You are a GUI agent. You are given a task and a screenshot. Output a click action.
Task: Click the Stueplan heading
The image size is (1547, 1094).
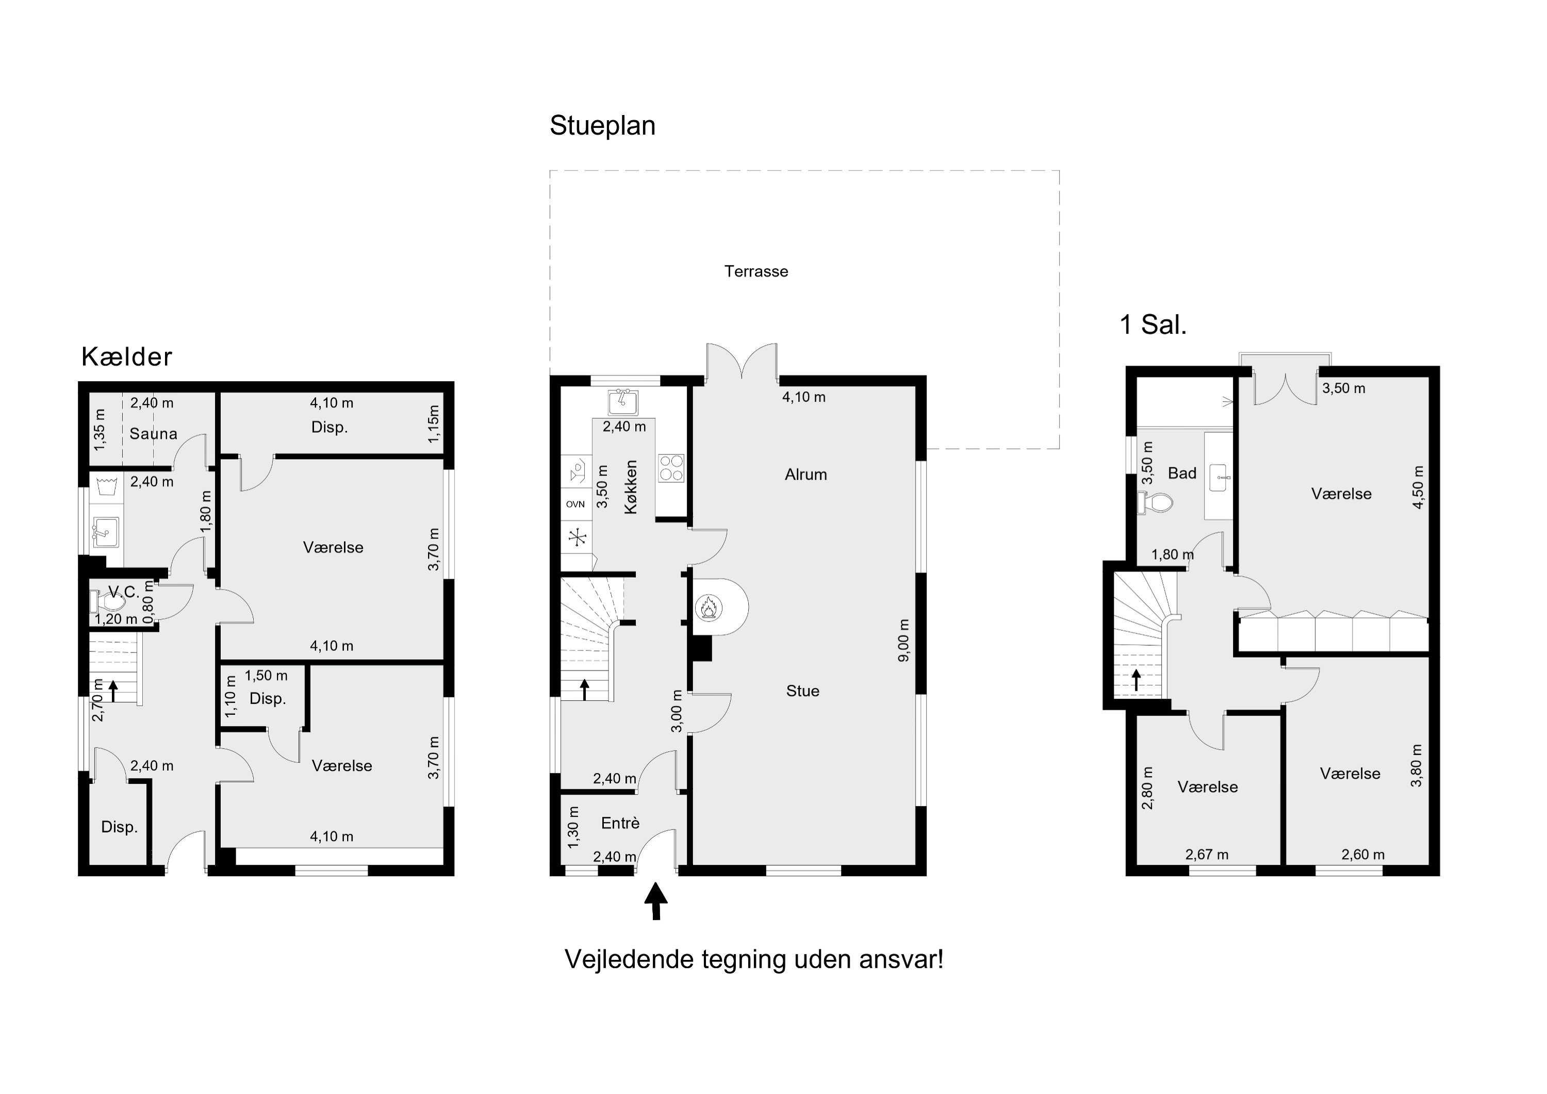tap(602, 126)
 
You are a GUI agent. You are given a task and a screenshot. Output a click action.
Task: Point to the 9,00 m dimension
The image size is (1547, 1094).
tap(903, 640)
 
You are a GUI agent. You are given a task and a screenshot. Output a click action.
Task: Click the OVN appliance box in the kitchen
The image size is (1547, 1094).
tap(575, 504)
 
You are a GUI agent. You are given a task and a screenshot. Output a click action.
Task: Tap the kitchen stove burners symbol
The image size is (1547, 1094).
tap(671, 468)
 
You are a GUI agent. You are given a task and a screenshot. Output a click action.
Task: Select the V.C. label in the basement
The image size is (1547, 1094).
tap(123, 592)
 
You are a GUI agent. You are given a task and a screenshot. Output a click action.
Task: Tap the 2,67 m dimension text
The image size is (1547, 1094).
tap(1207, 855)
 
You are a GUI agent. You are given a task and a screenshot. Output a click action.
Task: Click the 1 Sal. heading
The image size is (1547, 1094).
tap(1153, 325)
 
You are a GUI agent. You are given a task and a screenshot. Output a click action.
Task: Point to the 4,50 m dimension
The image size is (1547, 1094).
tap(1418, 487)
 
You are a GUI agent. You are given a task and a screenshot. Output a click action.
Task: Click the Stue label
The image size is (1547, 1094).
tap(802, 691)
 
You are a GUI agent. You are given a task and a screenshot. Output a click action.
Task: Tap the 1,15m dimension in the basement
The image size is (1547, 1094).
tap(433, 424)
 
